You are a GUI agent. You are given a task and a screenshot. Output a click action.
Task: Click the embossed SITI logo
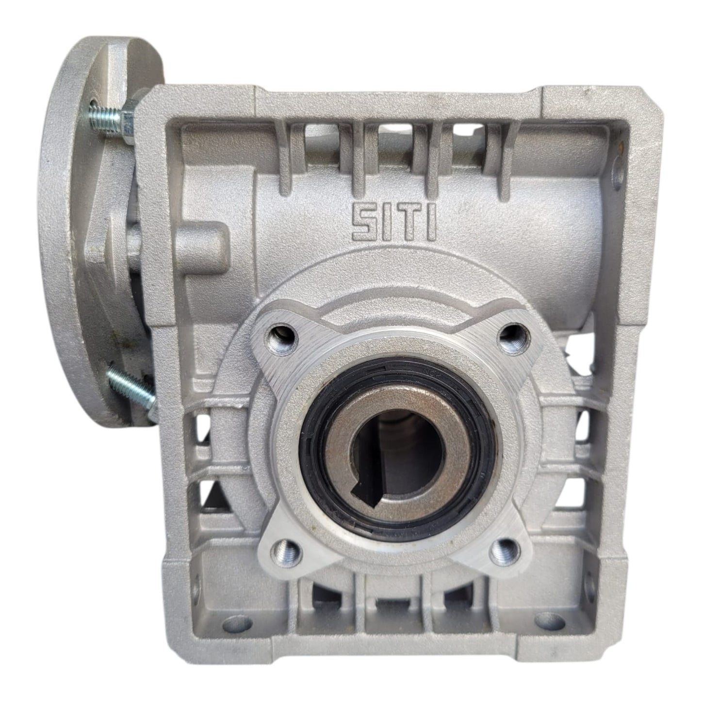click(393, 223)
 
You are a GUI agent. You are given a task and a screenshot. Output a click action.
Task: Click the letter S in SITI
click(364, 223)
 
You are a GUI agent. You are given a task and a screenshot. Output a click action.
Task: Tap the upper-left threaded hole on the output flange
click(283, 338)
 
